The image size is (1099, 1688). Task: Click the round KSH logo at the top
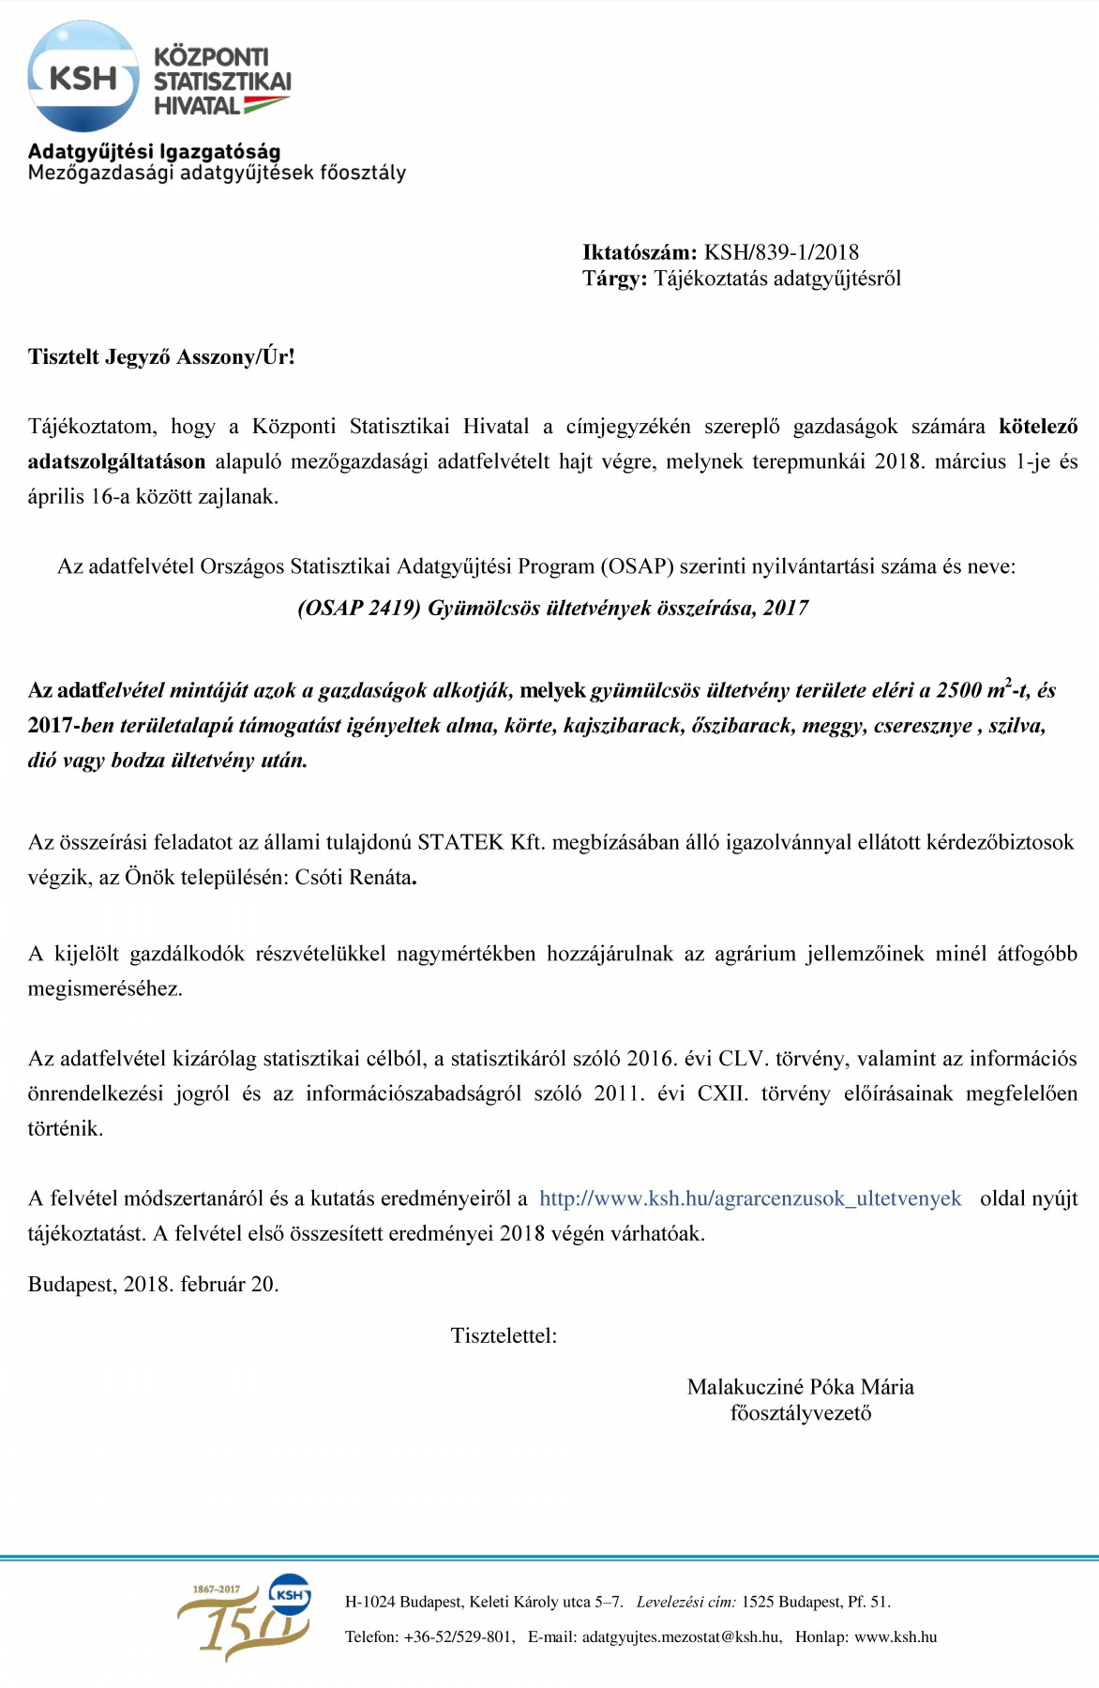[x=83, y=77]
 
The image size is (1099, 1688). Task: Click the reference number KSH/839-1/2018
[x=781, y=252]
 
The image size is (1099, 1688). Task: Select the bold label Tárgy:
[x=614, y=279]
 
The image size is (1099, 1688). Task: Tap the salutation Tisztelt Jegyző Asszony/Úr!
[x=161, y=357]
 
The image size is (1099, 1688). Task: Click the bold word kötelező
[x=1038, y=427]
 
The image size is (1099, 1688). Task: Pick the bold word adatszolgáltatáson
[x=116, y=461]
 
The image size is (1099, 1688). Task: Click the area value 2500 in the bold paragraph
[x=958, y=691]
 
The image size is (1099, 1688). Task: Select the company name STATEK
[x=460, y=842]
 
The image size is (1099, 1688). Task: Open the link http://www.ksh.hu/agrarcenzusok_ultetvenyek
[x=750, y=1198]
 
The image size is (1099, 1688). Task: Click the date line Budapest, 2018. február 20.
[x=154, y=1284]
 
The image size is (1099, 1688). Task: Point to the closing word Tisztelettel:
[x=504, y=1335]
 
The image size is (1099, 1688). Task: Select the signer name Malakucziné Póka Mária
[x=800, y=1387]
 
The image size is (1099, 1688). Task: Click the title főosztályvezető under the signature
[x=800, y=1413]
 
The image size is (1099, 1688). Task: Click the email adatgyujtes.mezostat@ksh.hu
[x=681, y=1636]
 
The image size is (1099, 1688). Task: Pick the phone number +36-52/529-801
[x=459, y=1636]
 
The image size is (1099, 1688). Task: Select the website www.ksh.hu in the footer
[x=896, y=1636]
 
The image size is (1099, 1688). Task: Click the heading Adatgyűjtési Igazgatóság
[x=154, y=151]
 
